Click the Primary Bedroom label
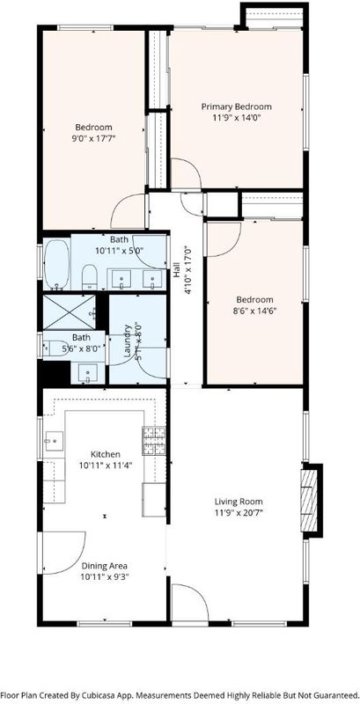click(236, 106)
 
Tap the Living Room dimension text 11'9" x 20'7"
click(238, 512)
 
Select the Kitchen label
click(106, 454)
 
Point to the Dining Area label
click(104, 566)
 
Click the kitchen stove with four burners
click(153, 441)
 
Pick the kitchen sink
click(54, 441)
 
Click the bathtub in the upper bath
click(56, 265)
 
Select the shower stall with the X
click(70, 312)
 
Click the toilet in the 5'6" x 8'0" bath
click(54, 348)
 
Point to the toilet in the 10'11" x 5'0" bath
click(90, 276)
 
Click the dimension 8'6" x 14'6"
click(254, 310)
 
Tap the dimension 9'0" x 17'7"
click(93, 138)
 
